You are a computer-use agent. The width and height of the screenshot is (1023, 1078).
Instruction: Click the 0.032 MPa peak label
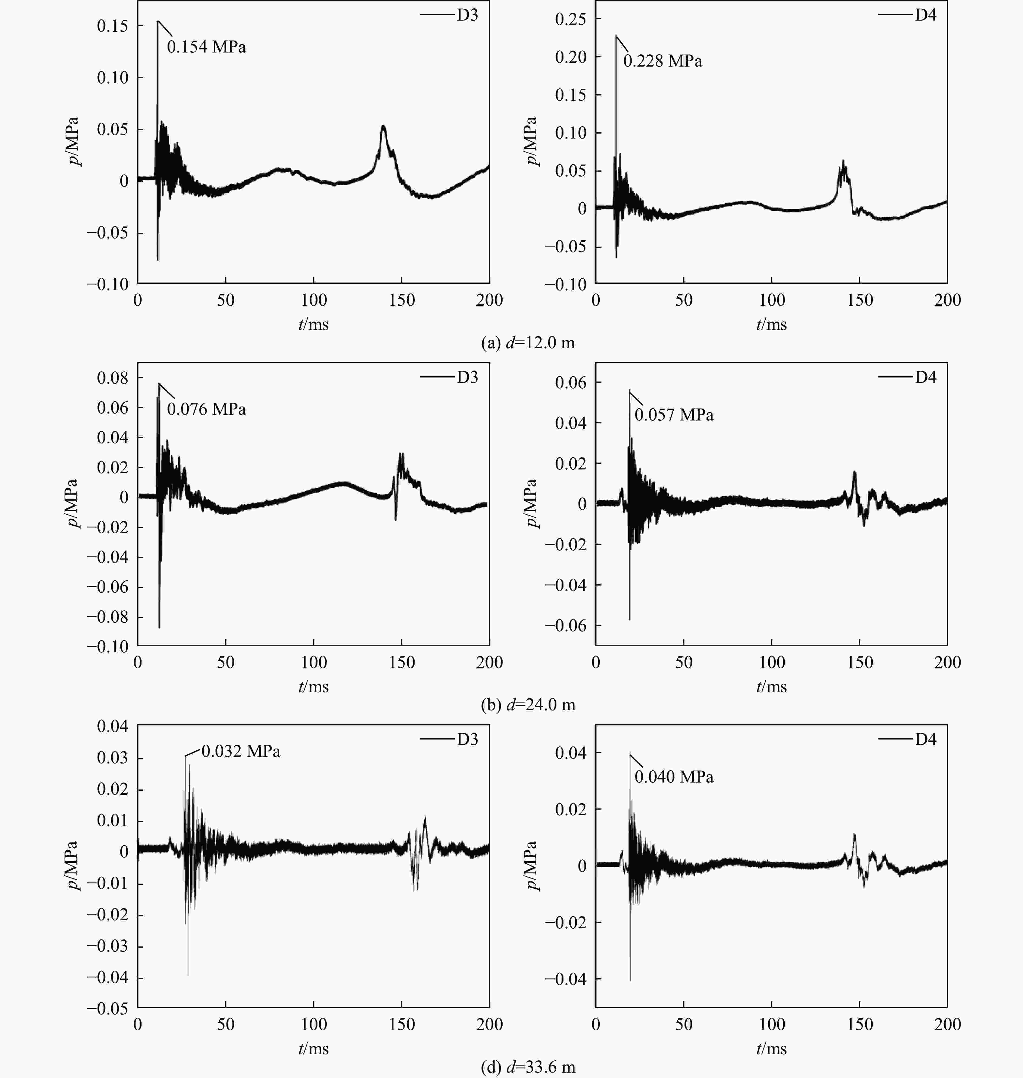[241, 751]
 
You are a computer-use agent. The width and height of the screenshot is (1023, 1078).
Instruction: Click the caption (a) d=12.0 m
[528, 343]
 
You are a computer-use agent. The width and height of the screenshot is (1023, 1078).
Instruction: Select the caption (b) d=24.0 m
[528, 705]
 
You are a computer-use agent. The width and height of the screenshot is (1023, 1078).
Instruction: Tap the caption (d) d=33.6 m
[528, 1067]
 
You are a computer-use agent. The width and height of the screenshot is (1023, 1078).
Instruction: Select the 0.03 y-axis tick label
[113, 758]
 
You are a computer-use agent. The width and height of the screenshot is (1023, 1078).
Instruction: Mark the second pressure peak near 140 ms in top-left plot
[383, 127]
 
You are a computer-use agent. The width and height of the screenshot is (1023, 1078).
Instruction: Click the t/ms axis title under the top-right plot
[772, 324]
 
